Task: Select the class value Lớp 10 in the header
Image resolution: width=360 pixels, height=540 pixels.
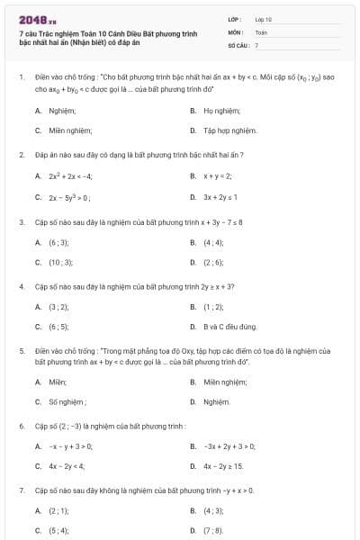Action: click(263, 18)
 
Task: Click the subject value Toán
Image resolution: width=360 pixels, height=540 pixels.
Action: click(261, 31)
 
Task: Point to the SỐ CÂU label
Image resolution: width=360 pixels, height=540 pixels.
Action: click(238, 44)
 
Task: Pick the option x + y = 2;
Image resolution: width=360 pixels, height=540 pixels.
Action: click(217, 176)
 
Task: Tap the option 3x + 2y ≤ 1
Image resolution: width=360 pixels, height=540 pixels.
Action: click(220, 196)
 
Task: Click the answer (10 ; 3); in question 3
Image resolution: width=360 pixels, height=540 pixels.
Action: click(60, 262)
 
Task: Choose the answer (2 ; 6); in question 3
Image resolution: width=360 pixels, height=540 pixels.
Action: click(213, 262)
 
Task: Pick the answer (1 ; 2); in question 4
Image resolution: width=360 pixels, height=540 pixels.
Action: click(213, 307)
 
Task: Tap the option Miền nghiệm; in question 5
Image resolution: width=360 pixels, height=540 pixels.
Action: click(226, 382)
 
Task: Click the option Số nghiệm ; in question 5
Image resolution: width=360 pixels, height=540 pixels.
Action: click(67, 401)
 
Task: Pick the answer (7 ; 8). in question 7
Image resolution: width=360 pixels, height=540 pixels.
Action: click(213, 531)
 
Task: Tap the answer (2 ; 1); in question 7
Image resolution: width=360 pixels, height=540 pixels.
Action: click(58, 511)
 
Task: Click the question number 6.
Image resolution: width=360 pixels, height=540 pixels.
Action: click(21, 425)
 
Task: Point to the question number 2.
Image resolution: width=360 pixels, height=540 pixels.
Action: click(21, 155)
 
